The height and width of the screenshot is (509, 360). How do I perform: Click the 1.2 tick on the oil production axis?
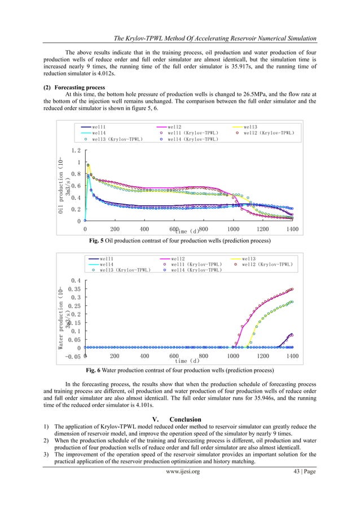pos(76,151)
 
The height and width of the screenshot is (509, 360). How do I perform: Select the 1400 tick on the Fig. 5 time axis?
pos(292,230)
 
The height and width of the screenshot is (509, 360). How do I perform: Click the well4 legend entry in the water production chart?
pos(107,264)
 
